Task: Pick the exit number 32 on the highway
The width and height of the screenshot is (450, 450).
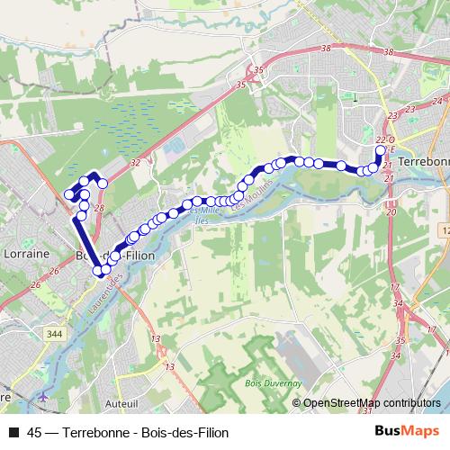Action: tap(134, 163)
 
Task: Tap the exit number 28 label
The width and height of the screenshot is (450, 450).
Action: tap(98, 208)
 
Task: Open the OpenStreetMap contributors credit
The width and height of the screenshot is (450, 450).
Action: tap(365, 402)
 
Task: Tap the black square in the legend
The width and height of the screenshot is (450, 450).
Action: tap(13, 432)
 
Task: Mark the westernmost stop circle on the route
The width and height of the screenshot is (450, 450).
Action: tap(69, 193)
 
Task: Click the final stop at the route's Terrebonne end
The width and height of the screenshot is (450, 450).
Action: tap(380, 150)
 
